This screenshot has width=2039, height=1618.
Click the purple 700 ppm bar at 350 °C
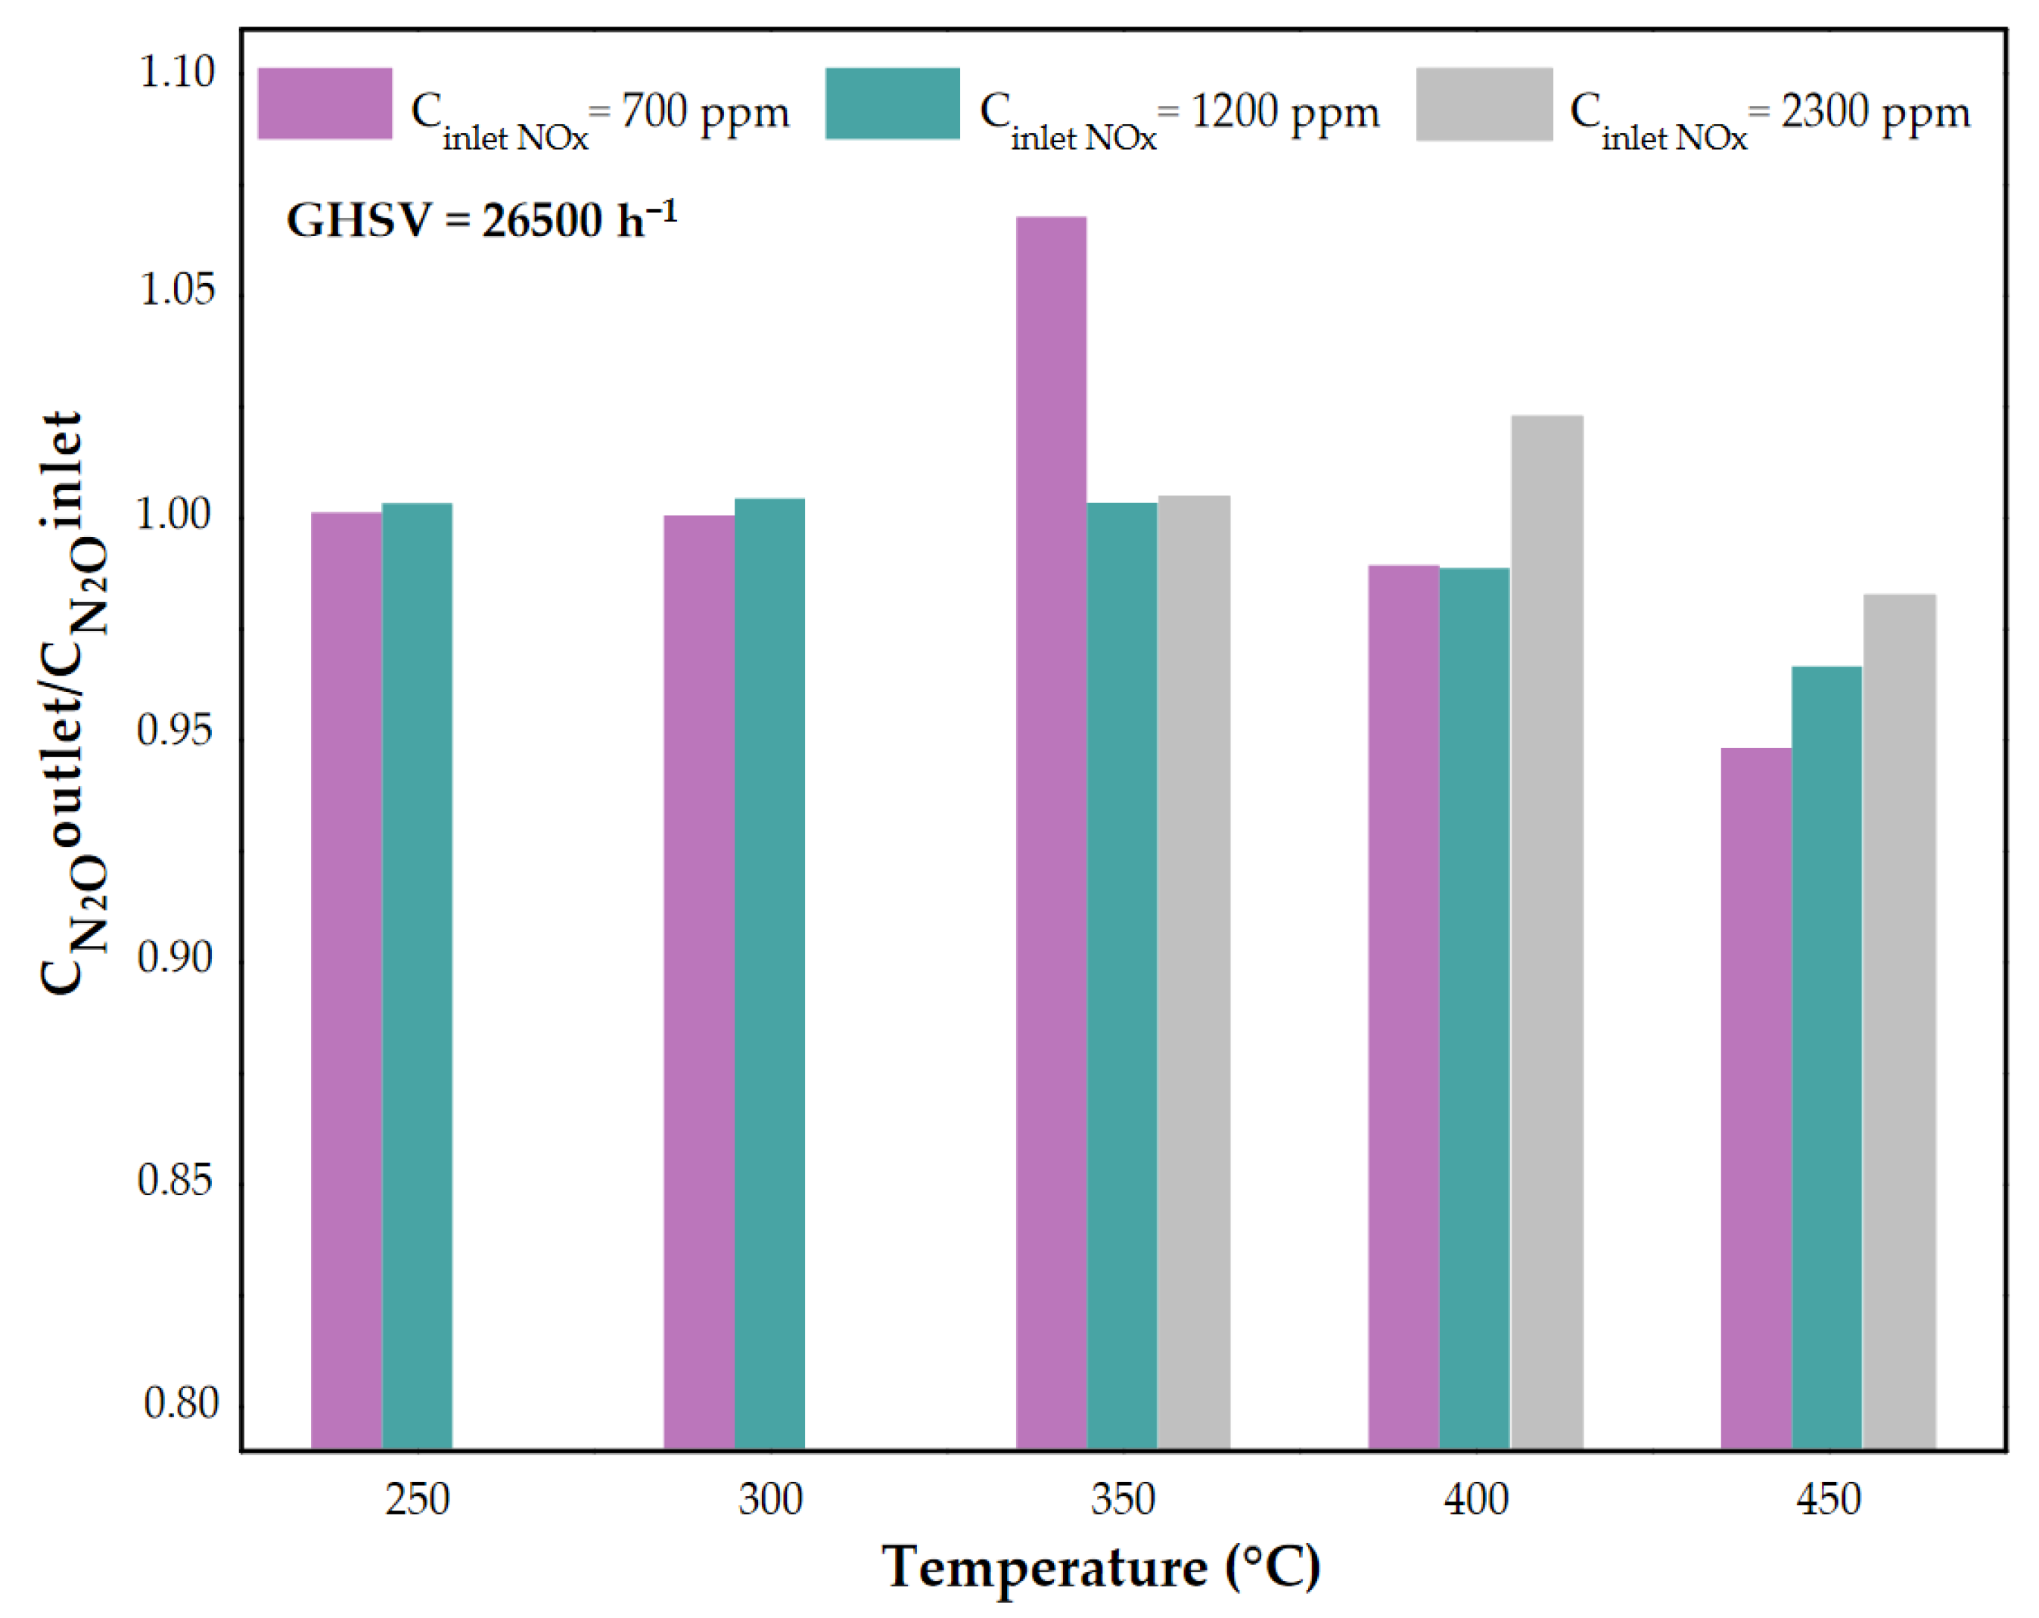1051,832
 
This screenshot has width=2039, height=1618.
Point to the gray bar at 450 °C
1899,1021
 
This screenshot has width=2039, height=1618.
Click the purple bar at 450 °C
1755,1098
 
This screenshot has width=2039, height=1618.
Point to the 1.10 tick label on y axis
177,72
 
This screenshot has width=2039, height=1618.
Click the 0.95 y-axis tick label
175,729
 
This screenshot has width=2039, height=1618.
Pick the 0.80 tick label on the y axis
180,1402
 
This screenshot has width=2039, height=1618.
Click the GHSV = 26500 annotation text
481,220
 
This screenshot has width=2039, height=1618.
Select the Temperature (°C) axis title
1100,1567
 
